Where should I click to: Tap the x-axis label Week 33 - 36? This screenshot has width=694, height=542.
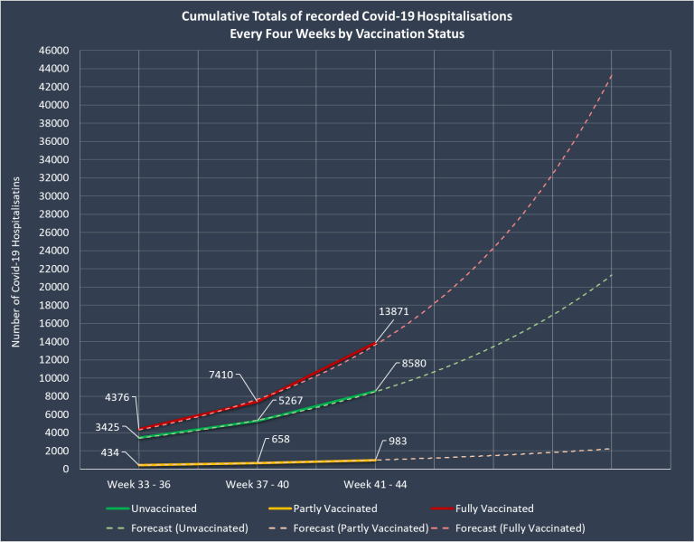(139, 484)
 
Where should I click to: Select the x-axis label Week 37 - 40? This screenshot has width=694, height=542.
(258, 484)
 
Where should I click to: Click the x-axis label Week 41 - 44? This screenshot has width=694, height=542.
(376, 484)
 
